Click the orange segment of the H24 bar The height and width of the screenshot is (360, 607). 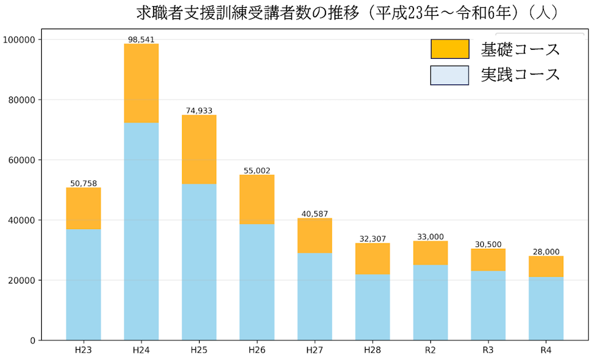tap(141, 83)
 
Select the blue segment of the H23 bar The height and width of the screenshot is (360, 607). tap(84, 284)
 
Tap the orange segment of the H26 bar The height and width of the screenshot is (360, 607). tap(257, 200)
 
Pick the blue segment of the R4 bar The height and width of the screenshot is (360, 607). tap(546, 308)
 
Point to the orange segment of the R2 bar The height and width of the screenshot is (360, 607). tap(430, 253)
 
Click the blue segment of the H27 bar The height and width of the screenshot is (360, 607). tap(314, 296)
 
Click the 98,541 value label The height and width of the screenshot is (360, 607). tap(141, 39)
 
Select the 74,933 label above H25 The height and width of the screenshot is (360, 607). tap(199, 110)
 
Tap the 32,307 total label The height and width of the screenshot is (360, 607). tap(373, 239)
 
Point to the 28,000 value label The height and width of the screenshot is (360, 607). tap(546, 252)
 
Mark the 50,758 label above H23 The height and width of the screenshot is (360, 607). tap(84, 183)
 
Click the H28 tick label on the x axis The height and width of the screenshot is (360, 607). tap(373, 350)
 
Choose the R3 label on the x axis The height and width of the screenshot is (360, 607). tap(488, 350)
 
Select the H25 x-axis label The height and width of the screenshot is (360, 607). tap(199, 350)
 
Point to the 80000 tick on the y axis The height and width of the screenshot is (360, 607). tap(22, 100)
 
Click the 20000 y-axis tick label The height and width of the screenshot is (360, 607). tap(22, 280)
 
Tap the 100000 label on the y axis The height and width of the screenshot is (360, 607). tap(20, 39)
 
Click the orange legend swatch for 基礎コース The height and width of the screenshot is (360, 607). tap(450, 49)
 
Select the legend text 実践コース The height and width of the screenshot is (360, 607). tap(520, 75)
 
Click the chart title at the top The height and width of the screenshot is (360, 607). tap(347, 13)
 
